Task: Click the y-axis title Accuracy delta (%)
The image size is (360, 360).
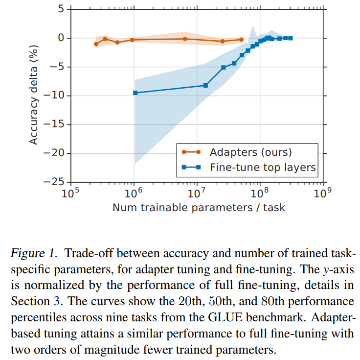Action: [33, 95]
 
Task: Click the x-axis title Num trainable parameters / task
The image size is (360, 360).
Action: [199, 207]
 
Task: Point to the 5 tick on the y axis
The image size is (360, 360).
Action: [61, 9]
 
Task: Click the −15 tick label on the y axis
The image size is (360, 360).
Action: [54, 124]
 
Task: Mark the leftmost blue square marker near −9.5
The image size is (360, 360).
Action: [135, 93]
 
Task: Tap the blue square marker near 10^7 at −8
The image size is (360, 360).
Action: [205, 85]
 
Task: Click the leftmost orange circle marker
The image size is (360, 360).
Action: [96, 44]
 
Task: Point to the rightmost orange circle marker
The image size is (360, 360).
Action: [241, 40]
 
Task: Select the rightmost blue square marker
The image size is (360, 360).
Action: [291, 38]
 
